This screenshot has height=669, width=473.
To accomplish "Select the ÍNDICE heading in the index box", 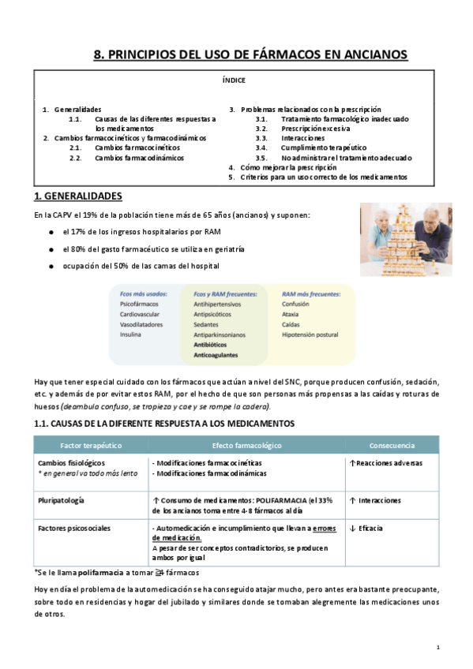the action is click(x=234, y=80).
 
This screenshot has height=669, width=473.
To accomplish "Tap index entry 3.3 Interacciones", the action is click(x=302, y=137).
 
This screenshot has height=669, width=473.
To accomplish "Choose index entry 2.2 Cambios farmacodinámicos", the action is click(x=139, y=157).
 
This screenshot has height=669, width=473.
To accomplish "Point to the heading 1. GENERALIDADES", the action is click(x=77, y=196).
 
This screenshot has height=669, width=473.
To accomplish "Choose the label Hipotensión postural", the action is click(x=310, y=334).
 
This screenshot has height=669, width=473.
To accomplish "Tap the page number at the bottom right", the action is click(x=437, y=647).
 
